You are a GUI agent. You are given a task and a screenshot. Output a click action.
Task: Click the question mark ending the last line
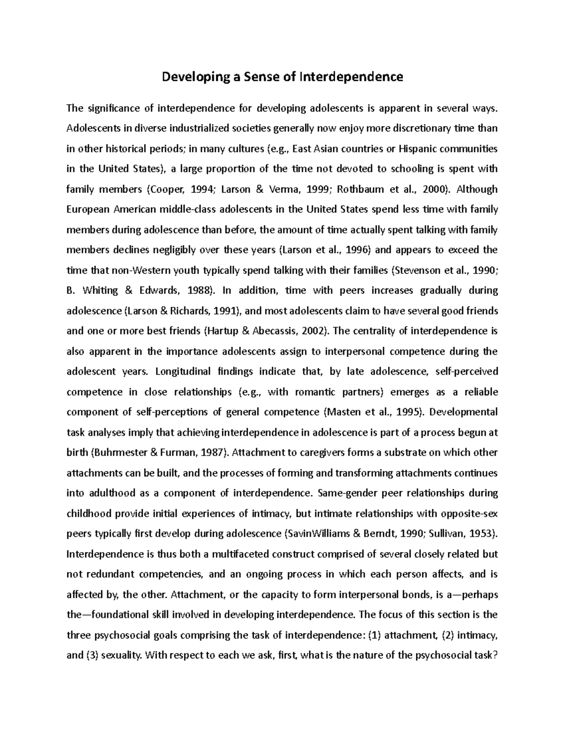(495, 655)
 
